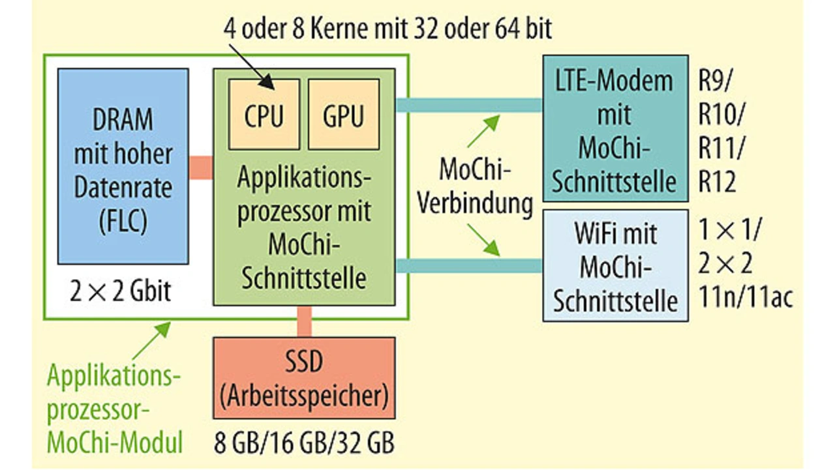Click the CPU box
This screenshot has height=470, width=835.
pos(264,114)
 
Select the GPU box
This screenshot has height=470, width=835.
pos(343,114)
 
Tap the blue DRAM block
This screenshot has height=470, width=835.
pos(123,166)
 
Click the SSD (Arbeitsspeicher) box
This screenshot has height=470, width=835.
pos(304,377)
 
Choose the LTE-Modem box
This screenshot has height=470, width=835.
pos(615,128)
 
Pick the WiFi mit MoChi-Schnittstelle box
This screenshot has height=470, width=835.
pos(615,265)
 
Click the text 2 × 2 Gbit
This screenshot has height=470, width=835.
pos(121,291)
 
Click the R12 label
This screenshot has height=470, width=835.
pos(717,183)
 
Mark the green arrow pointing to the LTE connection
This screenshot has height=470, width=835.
pos(483,131)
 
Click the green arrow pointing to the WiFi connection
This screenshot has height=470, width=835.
pos(483,239)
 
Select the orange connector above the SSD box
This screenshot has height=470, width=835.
pos(304,321)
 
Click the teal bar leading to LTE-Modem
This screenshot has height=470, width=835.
pos(468,105)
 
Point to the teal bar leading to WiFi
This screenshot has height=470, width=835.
pos(468,265)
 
